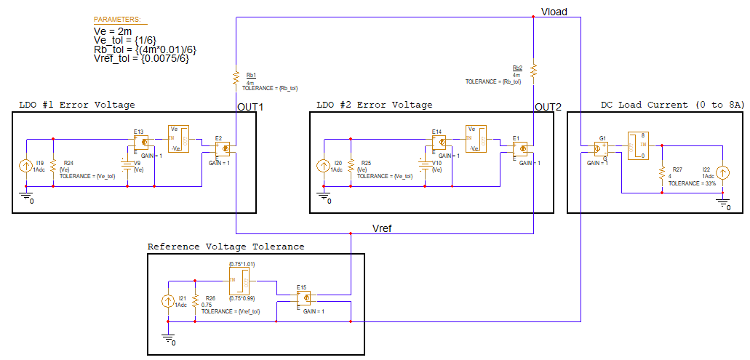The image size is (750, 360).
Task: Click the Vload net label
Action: point(554,11)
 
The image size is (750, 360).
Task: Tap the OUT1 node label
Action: point(250,107)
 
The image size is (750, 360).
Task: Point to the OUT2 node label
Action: point(548,107)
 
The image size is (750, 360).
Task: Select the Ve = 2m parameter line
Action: point(113,31)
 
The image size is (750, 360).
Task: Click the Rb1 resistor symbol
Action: point(236,77)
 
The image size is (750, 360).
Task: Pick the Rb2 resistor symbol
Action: point(533,71)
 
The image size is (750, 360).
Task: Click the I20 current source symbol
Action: point(323,166)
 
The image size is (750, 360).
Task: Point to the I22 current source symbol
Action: point(722,172)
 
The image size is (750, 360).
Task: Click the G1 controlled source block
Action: point(602,148)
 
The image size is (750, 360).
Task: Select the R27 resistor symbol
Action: point(662,173)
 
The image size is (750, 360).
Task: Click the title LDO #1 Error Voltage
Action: point(76,105)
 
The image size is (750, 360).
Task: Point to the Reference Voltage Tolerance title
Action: point(226,247)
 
